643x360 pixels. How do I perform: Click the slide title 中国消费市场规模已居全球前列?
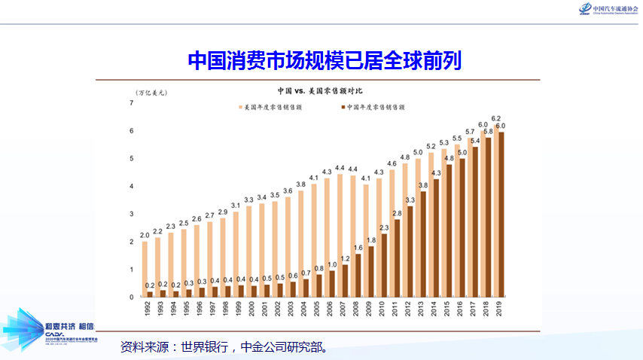(x=324, y=60)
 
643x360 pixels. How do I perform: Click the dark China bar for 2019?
(x=501, y=215)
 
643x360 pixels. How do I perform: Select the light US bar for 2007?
(x=340, y=235)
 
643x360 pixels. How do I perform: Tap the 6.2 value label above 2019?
(x=496, y=118)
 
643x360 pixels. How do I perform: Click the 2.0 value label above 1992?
(x=145, y=236)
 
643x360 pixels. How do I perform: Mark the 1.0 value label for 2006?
(x=331, y=264)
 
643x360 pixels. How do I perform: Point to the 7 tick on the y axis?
(x=131, y=102)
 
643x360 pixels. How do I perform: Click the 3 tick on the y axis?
(x=131, y=214)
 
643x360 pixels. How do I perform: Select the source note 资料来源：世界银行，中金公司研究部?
(x=224, y=348)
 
